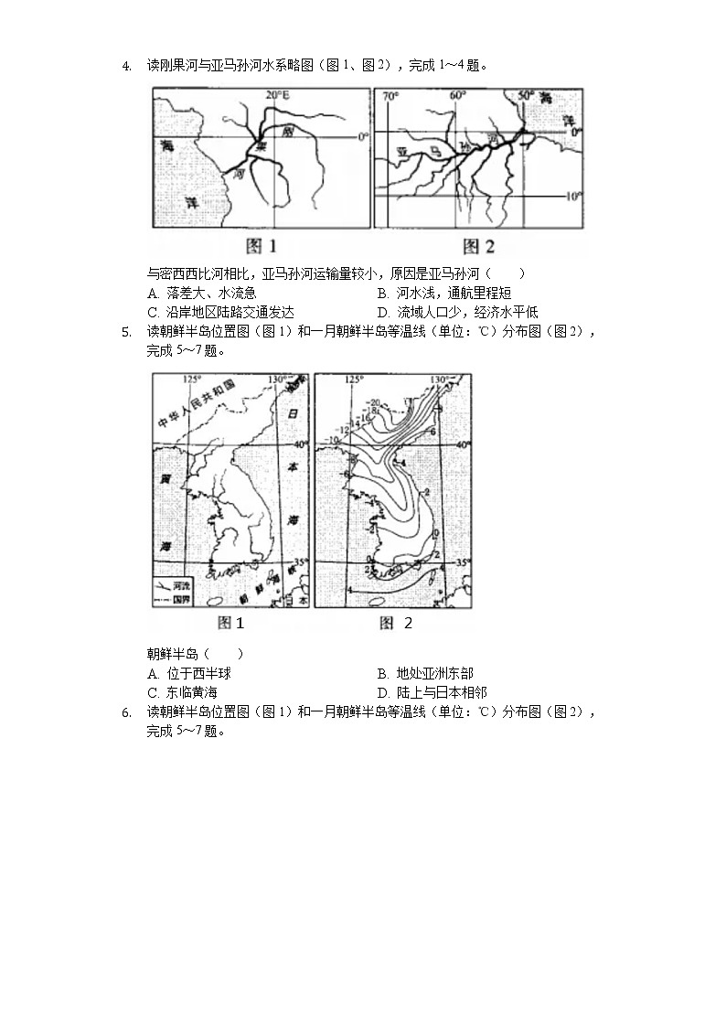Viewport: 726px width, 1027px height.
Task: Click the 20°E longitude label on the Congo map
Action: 277,94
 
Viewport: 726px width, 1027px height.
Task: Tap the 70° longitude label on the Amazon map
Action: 390,95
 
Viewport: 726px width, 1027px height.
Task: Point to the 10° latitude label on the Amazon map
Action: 572,196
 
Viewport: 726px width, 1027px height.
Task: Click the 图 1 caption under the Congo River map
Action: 262,245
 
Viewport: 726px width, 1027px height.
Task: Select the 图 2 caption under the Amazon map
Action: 478,245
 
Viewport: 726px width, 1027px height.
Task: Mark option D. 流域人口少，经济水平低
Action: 457,311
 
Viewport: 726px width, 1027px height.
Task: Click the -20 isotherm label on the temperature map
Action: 374,401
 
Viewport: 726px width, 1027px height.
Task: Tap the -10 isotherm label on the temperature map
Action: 332,440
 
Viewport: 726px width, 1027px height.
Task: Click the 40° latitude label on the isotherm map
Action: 463,444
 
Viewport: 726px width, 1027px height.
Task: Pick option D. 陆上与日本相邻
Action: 431,692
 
